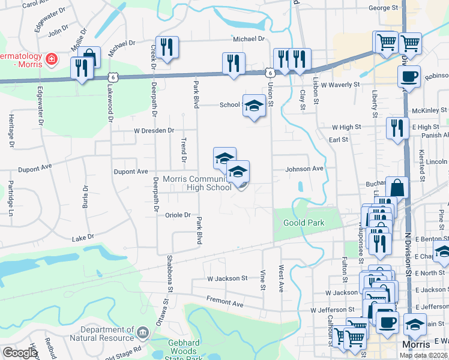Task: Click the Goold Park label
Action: [303, 223]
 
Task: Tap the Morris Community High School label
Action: [197, 183]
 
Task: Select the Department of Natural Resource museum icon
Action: [142, 332]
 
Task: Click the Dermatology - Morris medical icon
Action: [52, 59]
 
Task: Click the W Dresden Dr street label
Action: [154, 130]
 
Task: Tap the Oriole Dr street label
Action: [178, 215]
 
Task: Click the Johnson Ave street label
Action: [304, 169]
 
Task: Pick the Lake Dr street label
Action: [83, 238]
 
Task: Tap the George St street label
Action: [384, 8]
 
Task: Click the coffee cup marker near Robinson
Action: [409, 77]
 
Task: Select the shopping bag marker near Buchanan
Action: [397, 187]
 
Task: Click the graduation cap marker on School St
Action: [254, 106]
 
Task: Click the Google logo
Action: [20, 352]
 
